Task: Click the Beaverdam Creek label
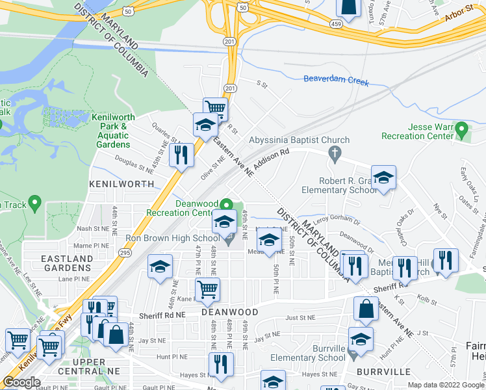(x=336, y=83)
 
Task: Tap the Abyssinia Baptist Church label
(x=300, y=140)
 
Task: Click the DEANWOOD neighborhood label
(x=229, y=312)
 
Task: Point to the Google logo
(x=21, y=382)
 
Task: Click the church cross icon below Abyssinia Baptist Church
(x=335, y=154)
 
